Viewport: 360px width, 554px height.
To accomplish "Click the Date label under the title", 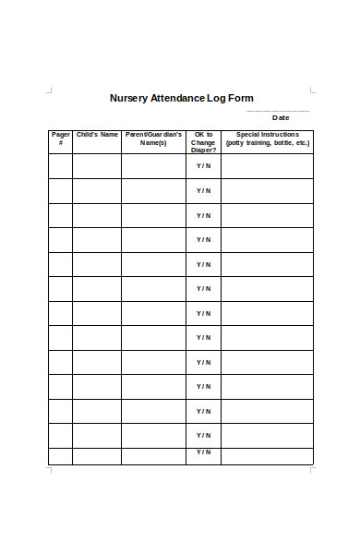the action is (x=281, y=117).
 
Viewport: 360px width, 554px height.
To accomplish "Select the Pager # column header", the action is (x=60, y=138).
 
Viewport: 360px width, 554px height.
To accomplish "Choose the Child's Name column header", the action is (x=97, y=135).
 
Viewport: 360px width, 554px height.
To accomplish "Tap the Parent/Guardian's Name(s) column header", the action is (x=153, y=138).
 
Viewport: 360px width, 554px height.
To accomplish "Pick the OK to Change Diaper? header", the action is (x=203, y=141).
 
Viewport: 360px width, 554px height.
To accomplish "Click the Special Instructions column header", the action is (x=268, y=138).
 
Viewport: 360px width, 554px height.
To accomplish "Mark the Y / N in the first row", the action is (x=203, y=166).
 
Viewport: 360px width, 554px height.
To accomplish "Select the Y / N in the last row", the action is (x=203, y=453).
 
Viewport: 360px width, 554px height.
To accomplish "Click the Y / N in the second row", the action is (x=203, y=191).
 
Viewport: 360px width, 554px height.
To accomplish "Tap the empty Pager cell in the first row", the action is (x=60, y=166).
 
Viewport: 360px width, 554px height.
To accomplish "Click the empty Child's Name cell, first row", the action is (x=97, y=166).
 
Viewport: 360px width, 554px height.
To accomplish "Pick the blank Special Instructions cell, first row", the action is (x=268, y=166).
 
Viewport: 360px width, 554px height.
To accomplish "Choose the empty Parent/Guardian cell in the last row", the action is (x=153, y=455).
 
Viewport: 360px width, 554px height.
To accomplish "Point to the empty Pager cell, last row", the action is (x=60, y=455).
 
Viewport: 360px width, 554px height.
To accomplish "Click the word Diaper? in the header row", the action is (x=203, y=150).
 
